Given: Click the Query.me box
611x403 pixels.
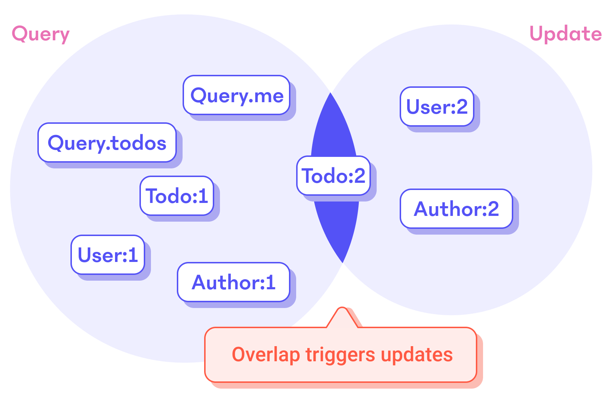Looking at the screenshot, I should point(236,95).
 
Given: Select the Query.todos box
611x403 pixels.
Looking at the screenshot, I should point(107,143).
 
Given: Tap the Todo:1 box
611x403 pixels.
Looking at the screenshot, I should point(177,196).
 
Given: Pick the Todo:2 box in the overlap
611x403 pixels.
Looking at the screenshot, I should point(334,176).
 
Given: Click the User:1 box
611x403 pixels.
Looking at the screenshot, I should point(108,255).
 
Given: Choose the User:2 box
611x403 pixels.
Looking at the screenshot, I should point(437,107).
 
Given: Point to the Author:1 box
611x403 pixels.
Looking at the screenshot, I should point(234,282).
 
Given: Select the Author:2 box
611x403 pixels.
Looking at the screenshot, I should point(456,209).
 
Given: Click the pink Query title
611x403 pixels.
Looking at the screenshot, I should point(41,35).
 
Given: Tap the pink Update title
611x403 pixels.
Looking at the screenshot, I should point(566,34).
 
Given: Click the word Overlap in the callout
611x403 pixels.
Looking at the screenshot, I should point(266,355).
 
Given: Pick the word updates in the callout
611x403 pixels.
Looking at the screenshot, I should point(417,355).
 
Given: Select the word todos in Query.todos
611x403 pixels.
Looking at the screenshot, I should point(139,143).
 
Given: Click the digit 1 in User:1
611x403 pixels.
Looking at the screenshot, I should point(133,255).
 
